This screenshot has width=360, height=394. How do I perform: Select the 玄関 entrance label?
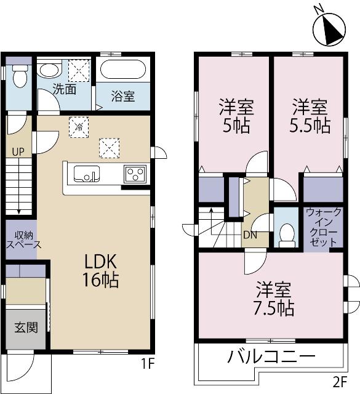coord(26,326)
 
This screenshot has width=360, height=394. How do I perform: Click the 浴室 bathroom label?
coord(123,97)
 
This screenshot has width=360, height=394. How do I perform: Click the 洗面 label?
coord(63,89)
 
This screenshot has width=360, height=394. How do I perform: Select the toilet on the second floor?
coord(286,233)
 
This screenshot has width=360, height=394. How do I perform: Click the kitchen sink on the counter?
coord(87,174)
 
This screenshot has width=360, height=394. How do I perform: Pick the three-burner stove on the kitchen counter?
coord(135,174)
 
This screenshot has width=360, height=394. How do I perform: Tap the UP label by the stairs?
coord(18,151)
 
